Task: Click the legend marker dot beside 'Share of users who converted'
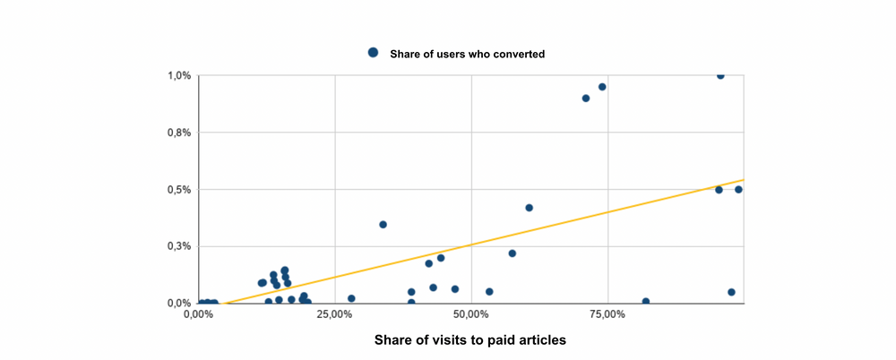(x=374, y=53)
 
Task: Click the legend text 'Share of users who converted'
(x=467, y=54)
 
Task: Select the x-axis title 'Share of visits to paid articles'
(x=470, y=340)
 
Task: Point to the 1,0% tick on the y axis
(x=180, y=75)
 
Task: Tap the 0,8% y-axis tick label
(x=180, y=133)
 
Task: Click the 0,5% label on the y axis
(x=180, y=190)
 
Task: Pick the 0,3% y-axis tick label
(x=180, y=246)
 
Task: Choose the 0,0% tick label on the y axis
(x=180, y=304)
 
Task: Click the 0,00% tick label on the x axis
(x=199, y=314)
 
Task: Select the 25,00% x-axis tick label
(x=335, y=314)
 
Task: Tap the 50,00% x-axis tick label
(x=471, y=314)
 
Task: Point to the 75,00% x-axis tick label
(x=607, y=314)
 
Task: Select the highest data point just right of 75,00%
(x=720, y=75)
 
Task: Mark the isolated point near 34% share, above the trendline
(x=383, y=225)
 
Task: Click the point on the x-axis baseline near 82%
(x=646, y=302)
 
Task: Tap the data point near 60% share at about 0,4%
(x=530, y=208)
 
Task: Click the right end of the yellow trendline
(x=743, y=180)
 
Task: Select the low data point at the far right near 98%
(x=731, y=292)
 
